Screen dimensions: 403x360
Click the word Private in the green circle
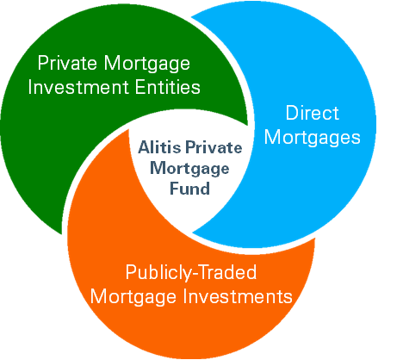tap(68, 63)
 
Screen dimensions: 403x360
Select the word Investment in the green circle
tap(78, 87)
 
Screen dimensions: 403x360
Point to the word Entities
tap(168, 87)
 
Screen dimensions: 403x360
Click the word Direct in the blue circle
tap(313, 113)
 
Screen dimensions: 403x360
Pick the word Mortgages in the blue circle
tap(313, 139)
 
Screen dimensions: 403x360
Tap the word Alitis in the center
tap(159, 147)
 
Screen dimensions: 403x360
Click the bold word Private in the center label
tap(214, 147)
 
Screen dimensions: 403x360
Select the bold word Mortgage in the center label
tap(189, 169)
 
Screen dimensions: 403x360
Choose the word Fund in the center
tap(189, 189)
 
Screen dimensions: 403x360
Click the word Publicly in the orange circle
tap(158, 274)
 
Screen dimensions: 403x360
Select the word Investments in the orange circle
tap(238, 296)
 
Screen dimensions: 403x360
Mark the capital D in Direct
tap(292, 113)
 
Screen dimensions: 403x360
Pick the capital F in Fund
tap(175, 189)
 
